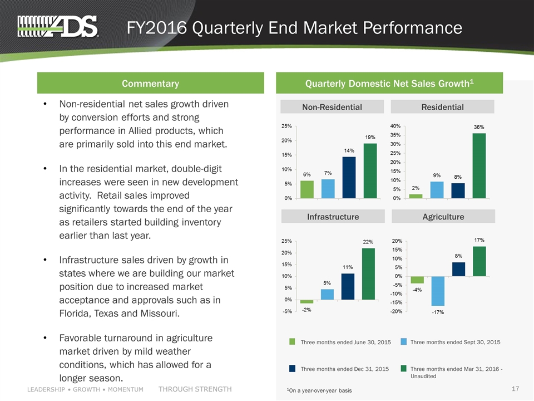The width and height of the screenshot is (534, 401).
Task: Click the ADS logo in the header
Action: (x=58, y=26)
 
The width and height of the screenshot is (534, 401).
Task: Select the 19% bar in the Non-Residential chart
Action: (x=370, y=170)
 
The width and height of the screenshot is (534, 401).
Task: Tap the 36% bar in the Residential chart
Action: (x=479, y=165)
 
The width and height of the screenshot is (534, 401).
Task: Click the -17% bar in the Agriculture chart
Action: (x=438, y=291)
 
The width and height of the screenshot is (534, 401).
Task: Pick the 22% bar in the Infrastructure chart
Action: (x=368, y=273)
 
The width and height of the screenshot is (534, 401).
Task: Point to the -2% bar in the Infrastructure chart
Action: (x=306, y=301)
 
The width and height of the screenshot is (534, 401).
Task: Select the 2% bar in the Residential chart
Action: (x=416, y=195)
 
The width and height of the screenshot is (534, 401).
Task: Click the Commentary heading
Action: (x=150, y=84)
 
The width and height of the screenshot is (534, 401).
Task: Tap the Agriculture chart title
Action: (x=443, y=216)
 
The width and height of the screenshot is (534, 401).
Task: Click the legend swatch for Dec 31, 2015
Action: (x=292, y=368)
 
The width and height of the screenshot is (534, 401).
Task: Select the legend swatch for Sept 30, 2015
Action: (x=404, y=341)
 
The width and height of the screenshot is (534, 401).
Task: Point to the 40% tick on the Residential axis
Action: (x=398, y=126)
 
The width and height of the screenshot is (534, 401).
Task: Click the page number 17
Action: (x=516, y=388)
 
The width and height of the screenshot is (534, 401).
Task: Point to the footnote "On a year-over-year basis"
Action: (x=320, y=390)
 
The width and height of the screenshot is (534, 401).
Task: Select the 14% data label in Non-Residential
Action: (x=349, y=150)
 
